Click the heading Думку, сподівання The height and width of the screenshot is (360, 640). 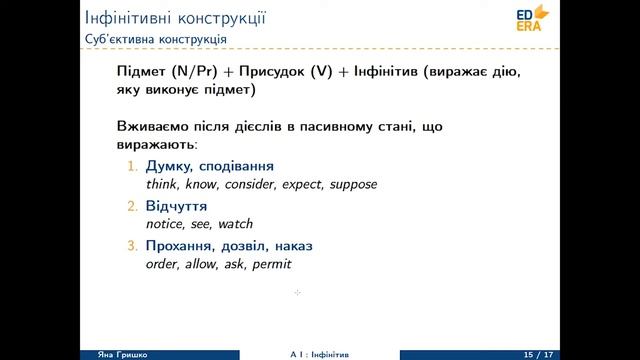click(209, 166)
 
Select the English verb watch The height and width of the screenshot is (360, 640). click(236, 225)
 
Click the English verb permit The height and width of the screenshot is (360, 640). click(272, 265)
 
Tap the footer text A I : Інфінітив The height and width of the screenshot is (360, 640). click(319, 355)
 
